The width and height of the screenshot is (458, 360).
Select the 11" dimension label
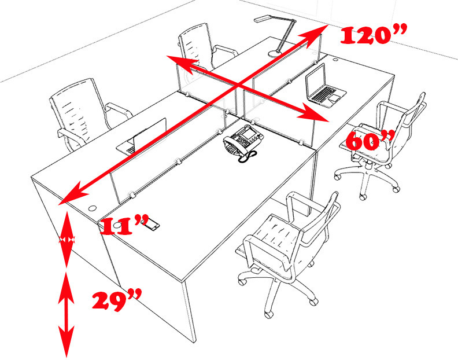point(123,225)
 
